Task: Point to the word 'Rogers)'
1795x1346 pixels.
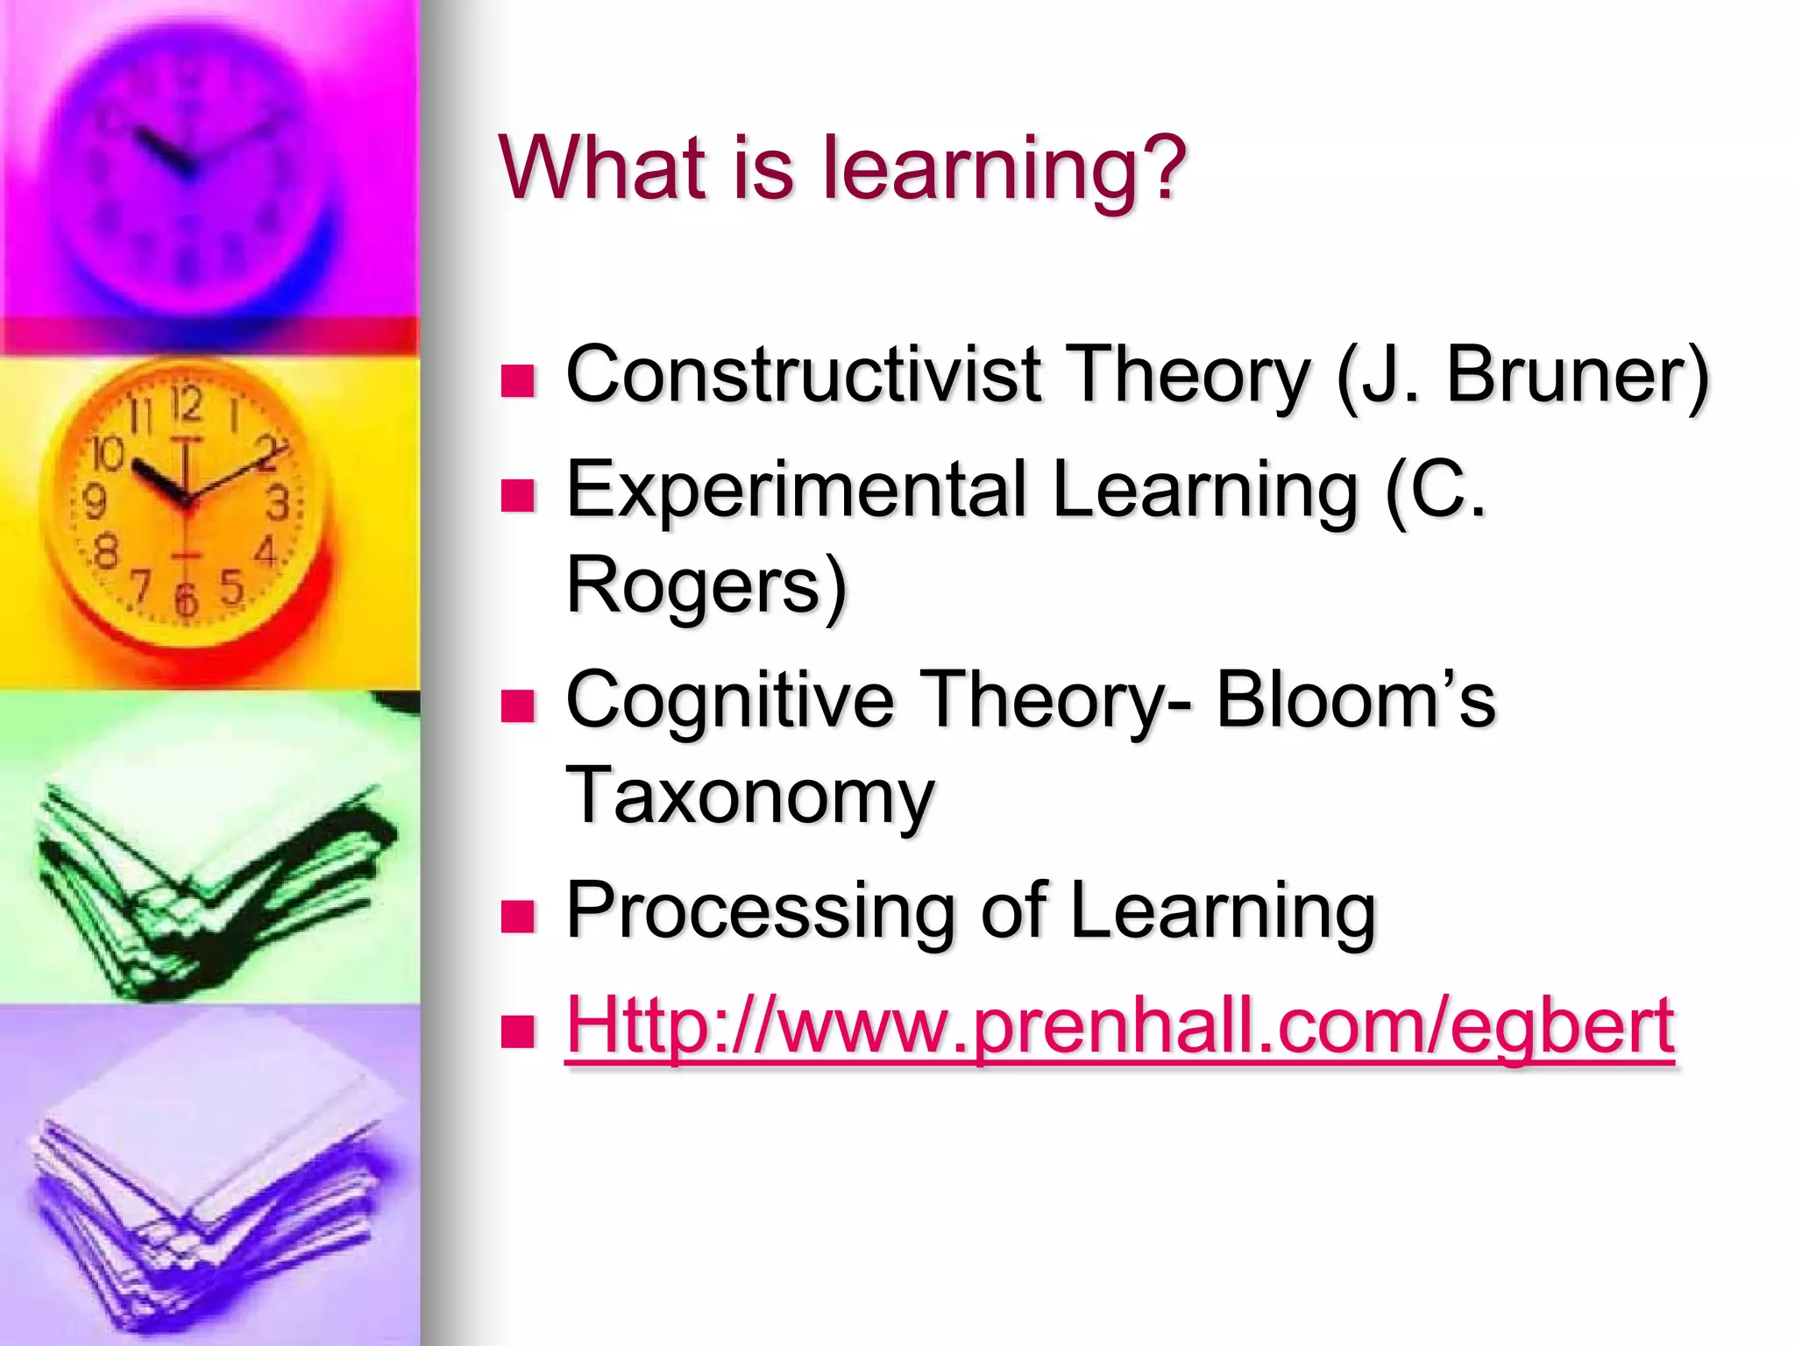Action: click(706, 585)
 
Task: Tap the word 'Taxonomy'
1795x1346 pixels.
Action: click(750, 796)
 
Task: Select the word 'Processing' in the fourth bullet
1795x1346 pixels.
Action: click(759, 911)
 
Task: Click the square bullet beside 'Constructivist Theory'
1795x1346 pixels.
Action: click(517, 381)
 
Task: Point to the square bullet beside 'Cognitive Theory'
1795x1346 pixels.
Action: click(517, 705)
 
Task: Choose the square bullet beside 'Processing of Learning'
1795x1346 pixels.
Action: click(517, 917)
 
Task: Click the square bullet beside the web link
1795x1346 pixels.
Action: click(517, 1031)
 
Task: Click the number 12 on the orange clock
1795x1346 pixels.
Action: click(187, 405)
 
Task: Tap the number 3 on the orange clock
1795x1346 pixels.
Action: click(278, 503)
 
